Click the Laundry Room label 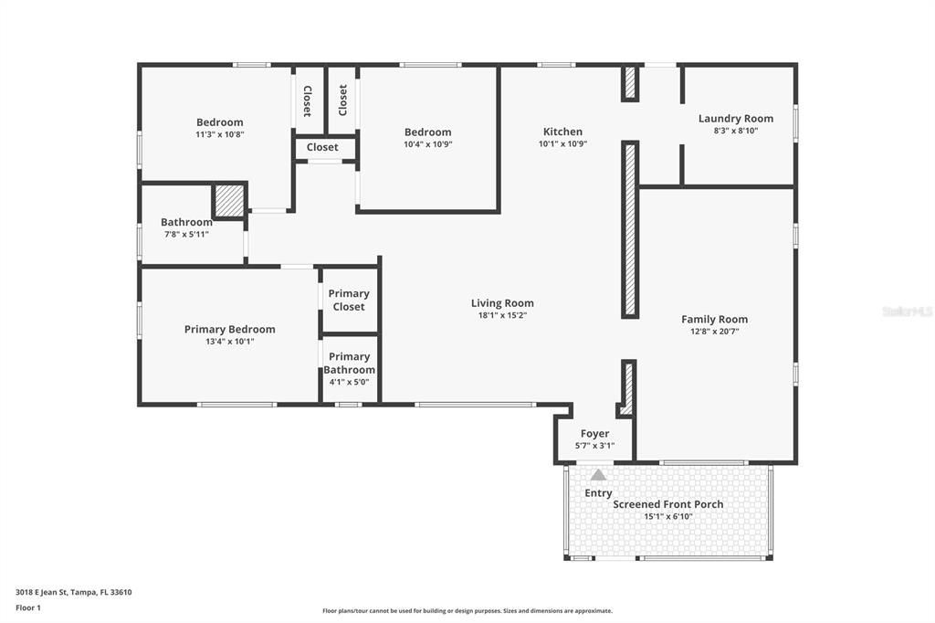(735, 119)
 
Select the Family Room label (714, 320)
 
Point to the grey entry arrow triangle (598, 475)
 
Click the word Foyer (594, 434)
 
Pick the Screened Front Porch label (667, 504)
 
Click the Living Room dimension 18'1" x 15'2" (502, 315)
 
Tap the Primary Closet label (349, 300)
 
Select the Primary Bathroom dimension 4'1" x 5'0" (349, 383)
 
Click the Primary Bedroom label (229, 330)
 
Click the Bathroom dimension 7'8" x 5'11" (186, 235)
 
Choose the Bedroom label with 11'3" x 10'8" (219, 122)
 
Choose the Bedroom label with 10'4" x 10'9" (427, 132)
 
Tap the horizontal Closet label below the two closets (322, 147)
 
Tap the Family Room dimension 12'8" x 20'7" (714, 332)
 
